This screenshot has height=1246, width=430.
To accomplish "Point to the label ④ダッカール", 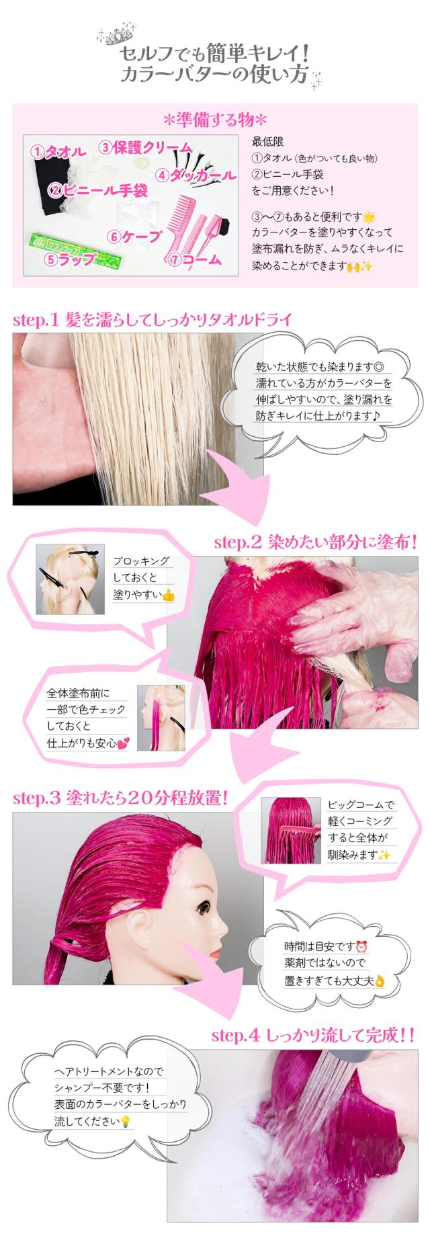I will (196, 175).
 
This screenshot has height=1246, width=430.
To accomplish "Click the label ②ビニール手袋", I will (97, 191).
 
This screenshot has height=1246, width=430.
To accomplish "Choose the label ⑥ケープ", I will (134, 236).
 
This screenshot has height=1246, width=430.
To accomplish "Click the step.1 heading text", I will (152, 319).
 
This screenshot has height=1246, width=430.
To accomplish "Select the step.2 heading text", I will (315, 541).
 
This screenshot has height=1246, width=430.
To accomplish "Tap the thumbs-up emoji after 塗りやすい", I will (168, 595).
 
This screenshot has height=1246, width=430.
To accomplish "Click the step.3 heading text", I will (121, 798).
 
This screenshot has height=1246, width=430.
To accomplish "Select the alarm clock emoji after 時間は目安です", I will (362, 946).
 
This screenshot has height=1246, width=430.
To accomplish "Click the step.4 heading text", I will (312, 1036).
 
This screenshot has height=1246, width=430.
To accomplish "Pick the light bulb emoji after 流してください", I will (124, 1122).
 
